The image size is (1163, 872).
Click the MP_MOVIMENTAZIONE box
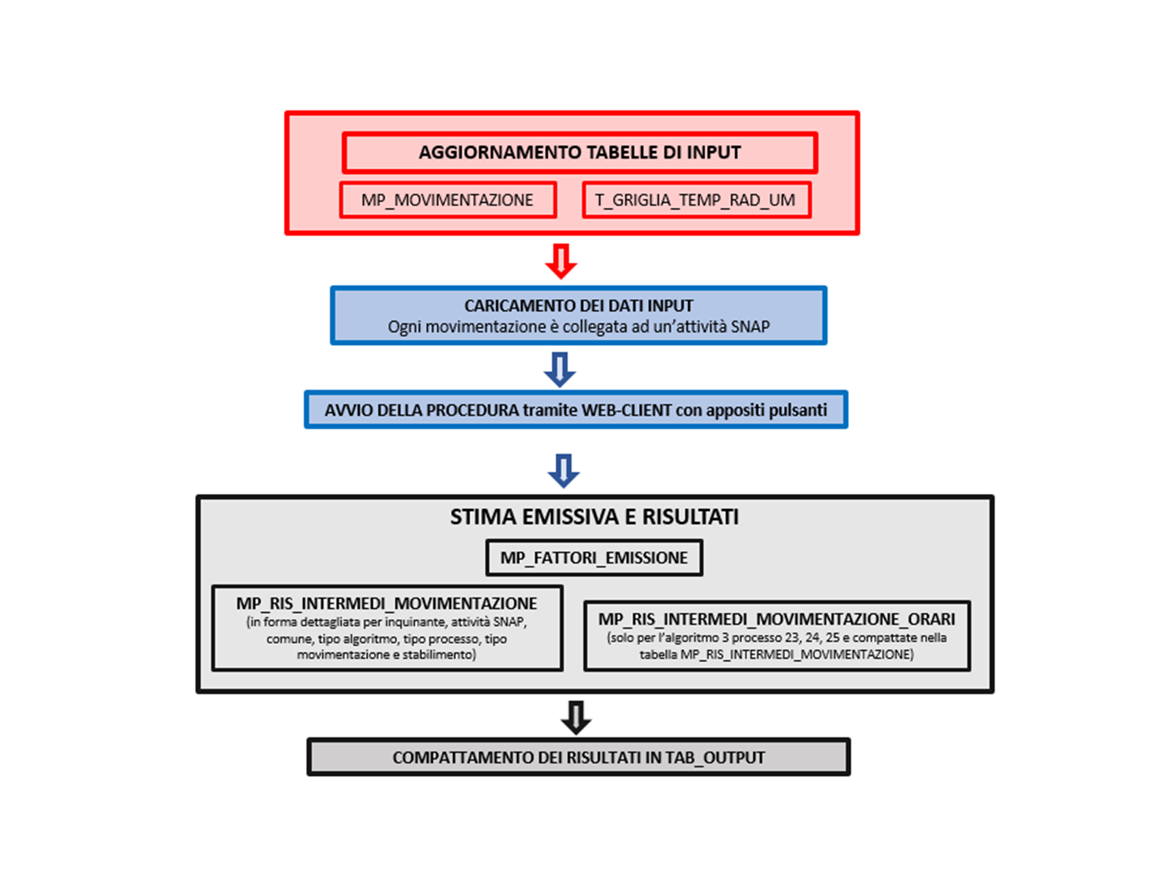pos(448,200)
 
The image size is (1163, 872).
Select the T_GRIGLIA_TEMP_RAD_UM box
pos(696,200)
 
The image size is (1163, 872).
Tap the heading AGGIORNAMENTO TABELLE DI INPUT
pos(580,152)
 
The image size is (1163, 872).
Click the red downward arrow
pos(561,261)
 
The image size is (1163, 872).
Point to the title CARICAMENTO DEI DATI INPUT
pos(579,306)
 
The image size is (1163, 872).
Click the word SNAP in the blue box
pos(750,327)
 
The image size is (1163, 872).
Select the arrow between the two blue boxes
pos(560,370)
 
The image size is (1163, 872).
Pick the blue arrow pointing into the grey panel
pos(563,471)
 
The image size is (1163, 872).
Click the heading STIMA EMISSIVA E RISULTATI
pos(594,517)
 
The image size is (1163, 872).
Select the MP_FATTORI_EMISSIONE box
pos(594,558)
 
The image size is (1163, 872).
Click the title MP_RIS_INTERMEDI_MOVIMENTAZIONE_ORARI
pos(777,619)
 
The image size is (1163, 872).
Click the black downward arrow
pos(576,717)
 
